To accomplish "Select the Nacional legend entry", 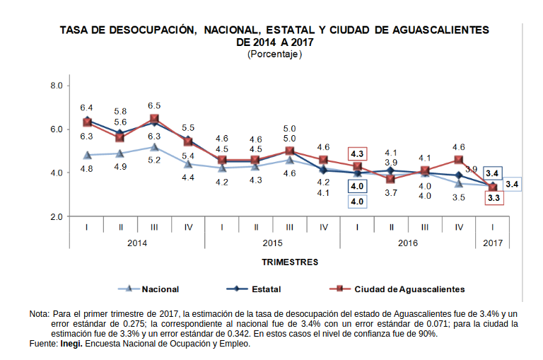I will tap(160, 289).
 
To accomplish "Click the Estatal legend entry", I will tap(266, 289).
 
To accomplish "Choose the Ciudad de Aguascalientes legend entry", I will tap(409, 289).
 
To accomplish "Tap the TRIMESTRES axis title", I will tap(290, 262).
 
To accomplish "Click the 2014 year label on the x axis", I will tap(137, 243).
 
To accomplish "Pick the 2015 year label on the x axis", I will tap(273, 243).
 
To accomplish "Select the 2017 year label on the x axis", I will tap(493, 243).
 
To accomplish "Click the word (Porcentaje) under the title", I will tap(274, 54).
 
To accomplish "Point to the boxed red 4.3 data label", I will tap(357, 154).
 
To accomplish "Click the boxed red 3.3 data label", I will tap(494, 199).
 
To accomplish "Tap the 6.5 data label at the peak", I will tap(154, 105).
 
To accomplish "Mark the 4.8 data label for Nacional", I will tap(86, 169).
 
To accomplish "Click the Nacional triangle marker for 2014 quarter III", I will tap(154, 147).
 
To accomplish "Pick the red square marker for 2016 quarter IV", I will tap(459, 160).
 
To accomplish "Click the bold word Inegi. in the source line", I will tap(71, 344).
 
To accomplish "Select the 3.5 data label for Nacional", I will tap(459, 197).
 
